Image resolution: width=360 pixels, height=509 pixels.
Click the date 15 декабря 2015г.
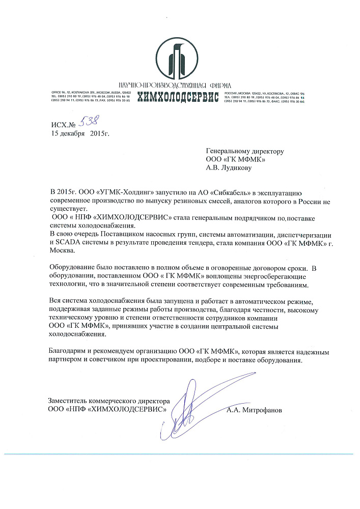coord(80,134)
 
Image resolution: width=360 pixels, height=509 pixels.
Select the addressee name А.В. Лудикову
coord(229,166)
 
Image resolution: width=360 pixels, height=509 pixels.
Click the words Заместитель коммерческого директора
coord(108,401)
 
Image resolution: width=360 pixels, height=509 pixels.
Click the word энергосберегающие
coord(251,276)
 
